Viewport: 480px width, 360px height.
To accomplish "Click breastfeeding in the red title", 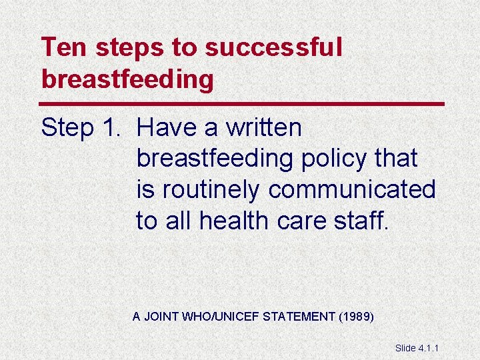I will [127, 79].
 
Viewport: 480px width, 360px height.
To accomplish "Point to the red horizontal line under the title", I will [242, 104].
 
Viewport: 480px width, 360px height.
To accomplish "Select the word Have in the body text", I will [167, 127].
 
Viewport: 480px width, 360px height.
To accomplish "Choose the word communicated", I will [352, 189].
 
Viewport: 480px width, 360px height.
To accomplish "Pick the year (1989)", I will [356, 316].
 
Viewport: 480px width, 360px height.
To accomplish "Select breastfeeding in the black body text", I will [215, 159].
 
